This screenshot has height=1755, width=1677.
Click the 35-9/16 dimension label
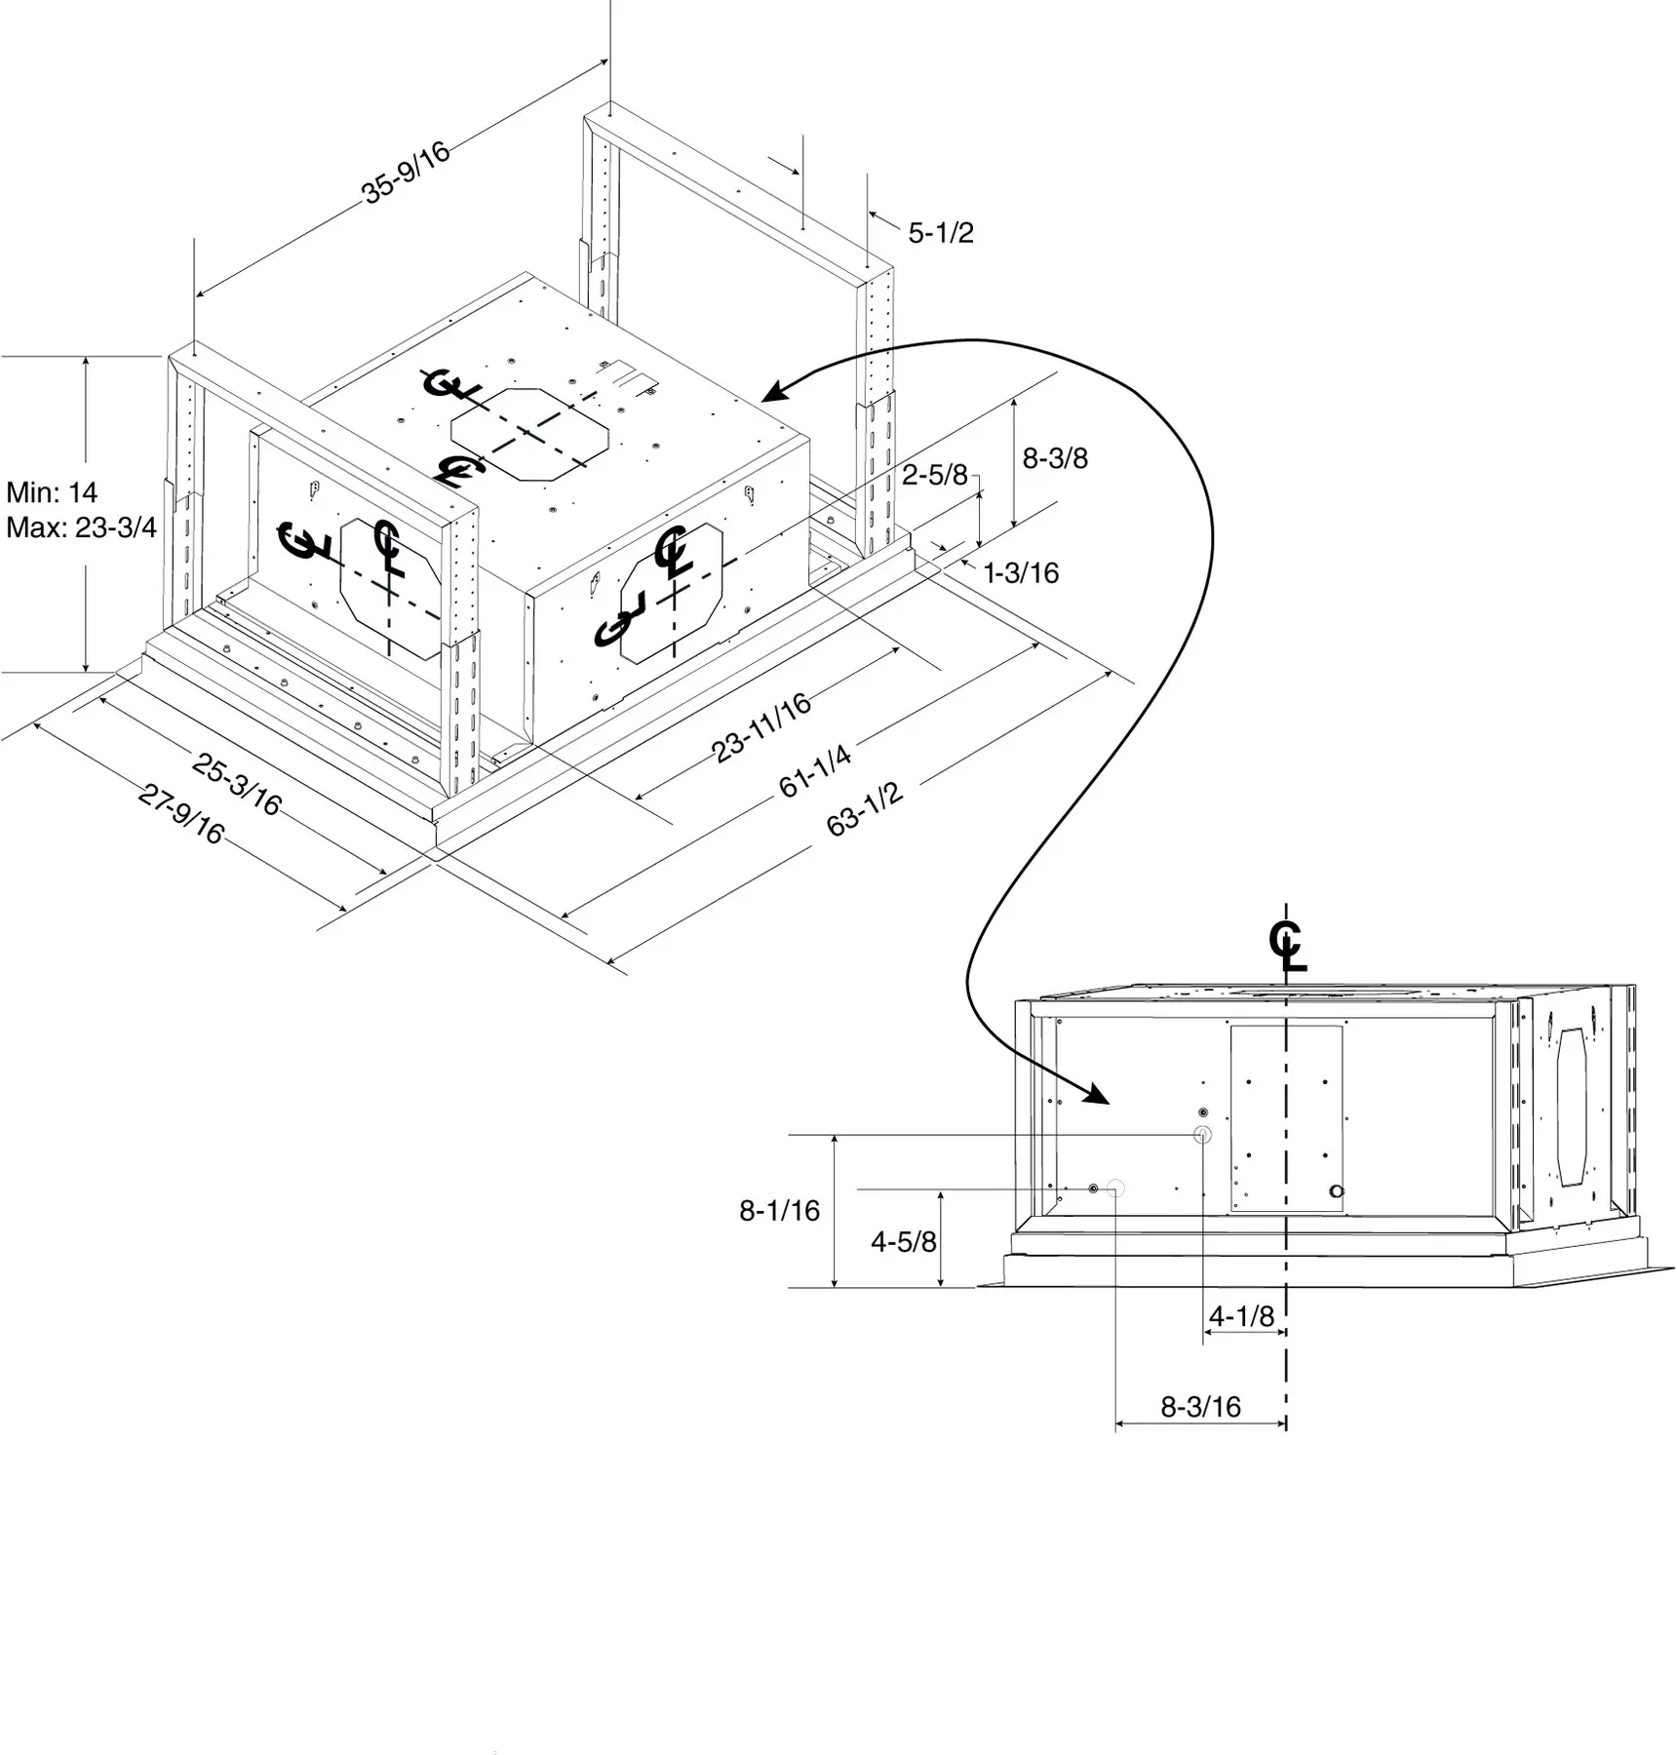pyautogui.click(x=407, y=174)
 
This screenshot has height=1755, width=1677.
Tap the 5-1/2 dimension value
pyautogui.click(x=941, y=233)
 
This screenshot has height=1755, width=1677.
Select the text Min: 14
pyautogui.click(x=52, y=491)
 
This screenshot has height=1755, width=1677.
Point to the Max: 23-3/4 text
pyautogui.click(x=81, y=527)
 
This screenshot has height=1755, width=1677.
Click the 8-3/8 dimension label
pyautogui.click(x=1055, y=458)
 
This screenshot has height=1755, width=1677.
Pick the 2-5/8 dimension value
pyautogui.click(x=934, y=475)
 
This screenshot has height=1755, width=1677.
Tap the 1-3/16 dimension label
pyautogui.click(x=1021, y=572)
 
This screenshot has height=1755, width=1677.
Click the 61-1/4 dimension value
pyautogui.click(x=815, y=770)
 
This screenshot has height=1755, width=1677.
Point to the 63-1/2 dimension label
pyautogui.click(x=865, y=809)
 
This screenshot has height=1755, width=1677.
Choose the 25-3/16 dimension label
pyautogui.click(x=237, y=783)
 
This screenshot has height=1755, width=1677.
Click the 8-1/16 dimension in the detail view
pyautogui.click(x=779, y=1211)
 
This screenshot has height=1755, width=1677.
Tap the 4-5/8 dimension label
pyautogui.click(x=903, y=1241)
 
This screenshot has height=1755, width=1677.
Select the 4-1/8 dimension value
pyautogui.click(x=1241, y=1316)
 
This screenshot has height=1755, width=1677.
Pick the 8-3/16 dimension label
pyautogui.click(x=1200, y=1407)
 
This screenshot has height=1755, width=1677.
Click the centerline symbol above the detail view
pyautogui.click(x=1287, y=946)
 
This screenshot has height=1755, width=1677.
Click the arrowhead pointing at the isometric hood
pyautogui.click(x=776, y=390)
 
